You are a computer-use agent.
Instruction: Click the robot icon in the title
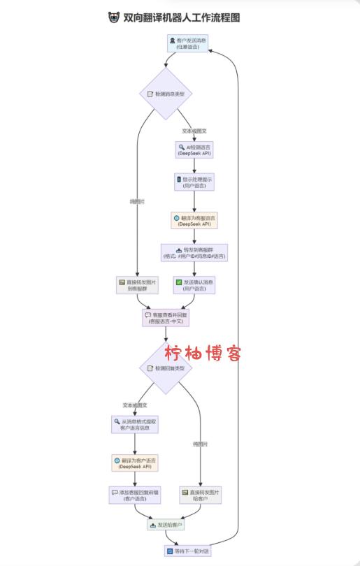click(x=114, y=17)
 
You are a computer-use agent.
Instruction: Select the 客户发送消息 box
click(x=188, y=44)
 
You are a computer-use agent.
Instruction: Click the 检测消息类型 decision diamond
click(x=165, y=93)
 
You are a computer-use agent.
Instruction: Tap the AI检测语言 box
click(x=194, y=150)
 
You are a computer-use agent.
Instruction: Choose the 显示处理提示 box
click(x=194, y=182)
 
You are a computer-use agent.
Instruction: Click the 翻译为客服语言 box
click(x=194, y=221)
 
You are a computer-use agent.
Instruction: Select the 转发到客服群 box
click(x=194, y=252)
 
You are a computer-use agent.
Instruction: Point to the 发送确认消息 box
click(x=194, y=285)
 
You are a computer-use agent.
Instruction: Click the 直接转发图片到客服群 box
click(x=138, y=285)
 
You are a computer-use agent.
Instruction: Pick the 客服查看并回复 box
click(x=166, y=318)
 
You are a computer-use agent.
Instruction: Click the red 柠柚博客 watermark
click(x=203, y=353)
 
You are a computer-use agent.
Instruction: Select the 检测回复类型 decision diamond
click(x=165, y=368)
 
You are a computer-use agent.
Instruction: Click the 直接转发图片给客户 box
click(x=200, y=495)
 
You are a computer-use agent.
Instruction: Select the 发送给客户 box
click(x=166, y=524)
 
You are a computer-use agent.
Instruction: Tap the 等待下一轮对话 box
click(x=187, y=551)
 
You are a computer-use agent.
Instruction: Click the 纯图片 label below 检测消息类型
click(x=138, y=201)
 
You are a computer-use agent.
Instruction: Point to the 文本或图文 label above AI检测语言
click(x=194, y=131)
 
